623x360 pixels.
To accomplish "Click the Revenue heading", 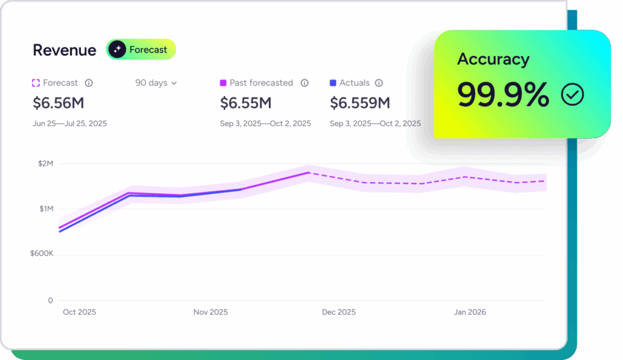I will (64, 50).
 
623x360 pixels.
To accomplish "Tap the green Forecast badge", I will (141, 50).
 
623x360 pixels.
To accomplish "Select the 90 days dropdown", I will (156, 83).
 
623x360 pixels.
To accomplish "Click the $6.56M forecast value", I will (58, 103).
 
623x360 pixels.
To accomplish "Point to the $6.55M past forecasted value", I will (246, 103).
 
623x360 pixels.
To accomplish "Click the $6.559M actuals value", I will (360, 103).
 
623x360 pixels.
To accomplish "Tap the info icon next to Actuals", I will (378, 83).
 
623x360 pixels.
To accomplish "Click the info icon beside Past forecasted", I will (304, 83).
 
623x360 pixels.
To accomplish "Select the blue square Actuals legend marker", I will (333, 83).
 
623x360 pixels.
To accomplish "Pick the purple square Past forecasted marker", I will (223, 83).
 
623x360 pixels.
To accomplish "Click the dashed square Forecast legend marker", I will (36, 83).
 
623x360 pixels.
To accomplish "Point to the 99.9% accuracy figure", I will (503, 94).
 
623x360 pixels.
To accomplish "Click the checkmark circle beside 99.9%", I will (573, 95).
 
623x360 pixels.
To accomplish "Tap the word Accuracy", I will (493, 59).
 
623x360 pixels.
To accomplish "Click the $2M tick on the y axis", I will (46, 164).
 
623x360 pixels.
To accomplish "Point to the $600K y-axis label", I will (42, 253).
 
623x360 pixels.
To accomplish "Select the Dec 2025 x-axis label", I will (338, 312).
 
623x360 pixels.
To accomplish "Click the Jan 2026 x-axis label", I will (470, 312).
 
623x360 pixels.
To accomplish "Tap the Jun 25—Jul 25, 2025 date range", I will (69, 123).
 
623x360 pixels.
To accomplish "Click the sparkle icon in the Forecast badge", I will (117, 50).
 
